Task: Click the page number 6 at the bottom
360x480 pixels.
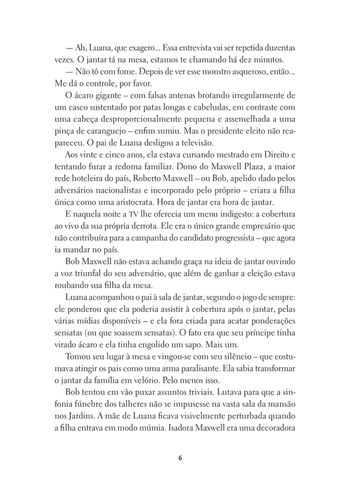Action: [x=180, y=443]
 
